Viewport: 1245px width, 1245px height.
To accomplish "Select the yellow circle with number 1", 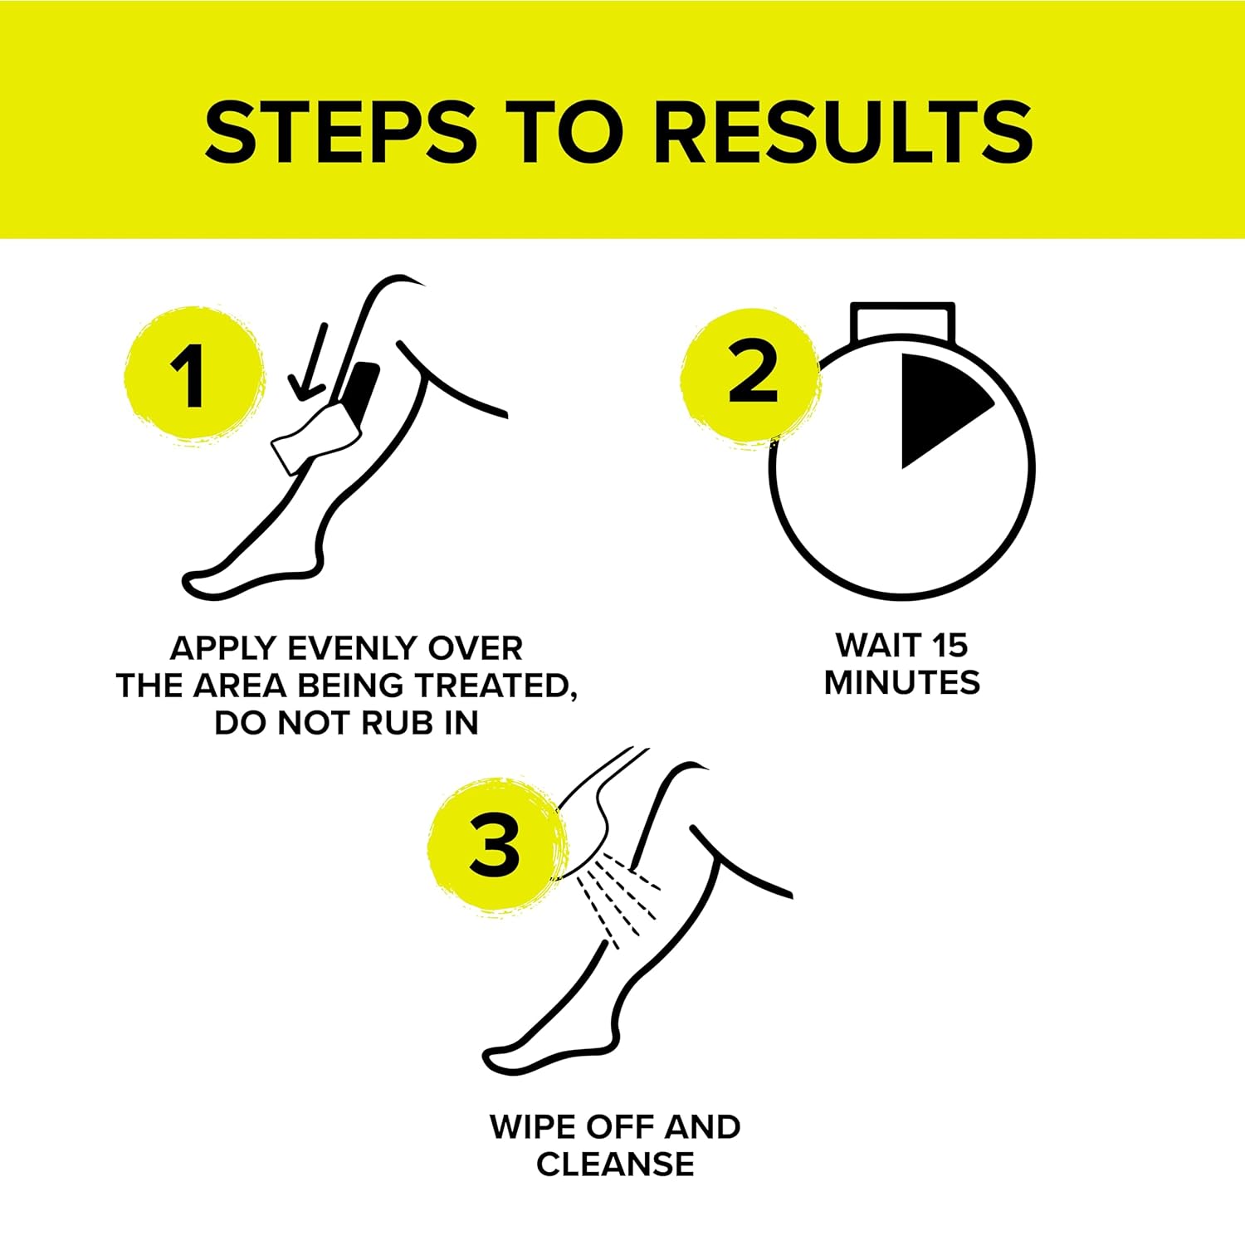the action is click(193, 373).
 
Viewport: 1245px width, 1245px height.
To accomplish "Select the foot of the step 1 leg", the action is click(249, 573).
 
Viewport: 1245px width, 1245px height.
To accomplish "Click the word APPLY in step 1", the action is click(223, 647).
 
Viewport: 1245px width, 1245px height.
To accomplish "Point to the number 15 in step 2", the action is click(949, 645).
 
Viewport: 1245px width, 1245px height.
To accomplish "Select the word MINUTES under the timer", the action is click(902, 683).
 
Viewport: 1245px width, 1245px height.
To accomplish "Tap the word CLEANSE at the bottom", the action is click(615, 1164).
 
